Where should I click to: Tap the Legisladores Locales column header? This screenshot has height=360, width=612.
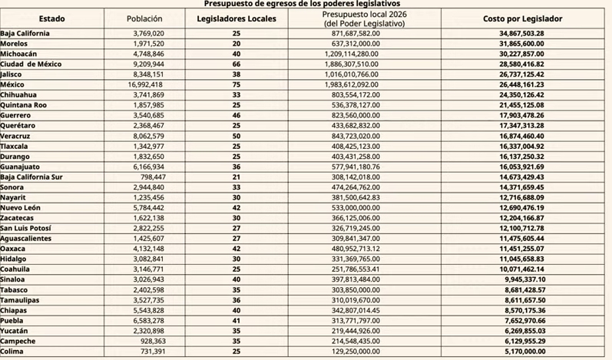[x=235, y=17]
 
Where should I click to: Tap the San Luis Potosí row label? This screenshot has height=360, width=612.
[x=28, y=228]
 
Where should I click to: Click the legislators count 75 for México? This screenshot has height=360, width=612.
[x=236, y=84]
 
